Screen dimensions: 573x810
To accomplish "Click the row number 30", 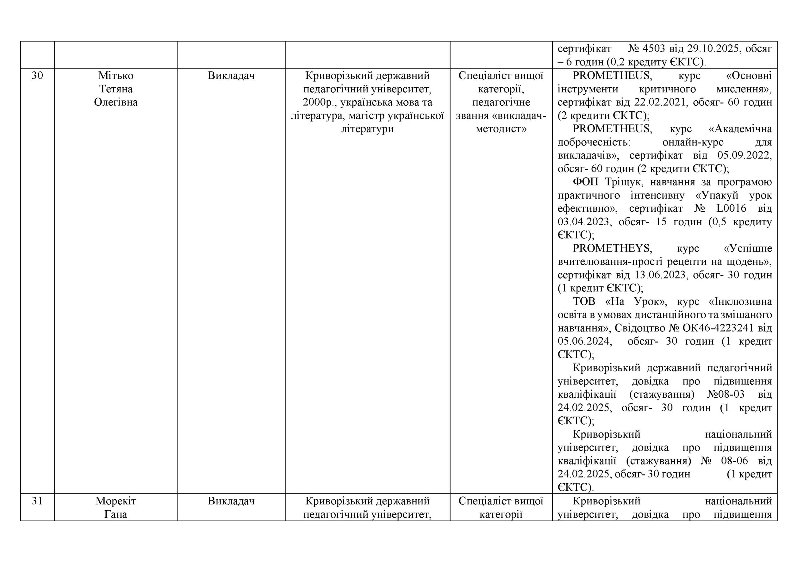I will tap(37, 76).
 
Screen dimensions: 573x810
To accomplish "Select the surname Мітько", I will tap(116, 76).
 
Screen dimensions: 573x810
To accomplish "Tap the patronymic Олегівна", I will tap(116, 102).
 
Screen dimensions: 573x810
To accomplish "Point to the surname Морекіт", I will tap(116, 501).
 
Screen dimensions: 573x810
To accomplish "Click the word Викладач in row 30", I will tap(231, 76).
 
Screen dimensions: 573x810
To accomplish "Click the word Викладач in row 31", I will tap(231, 501).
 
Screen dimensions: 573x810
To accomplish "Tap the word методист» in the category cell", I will tap(501, 129).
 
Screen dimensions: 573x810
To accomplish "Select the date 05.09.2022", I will tap(745, 156).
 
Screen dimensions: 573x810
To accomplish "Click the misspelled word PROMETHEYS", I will tap(612, 248).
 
